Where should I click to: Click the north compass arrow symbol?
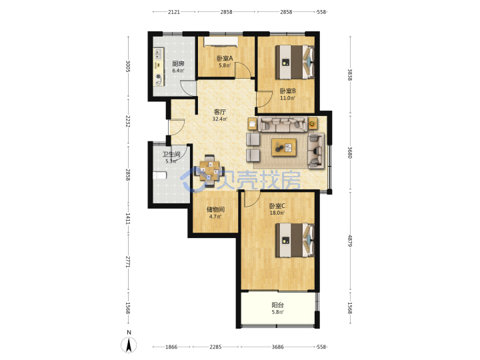[129, 345]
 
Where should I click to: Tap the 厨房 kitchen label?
[178, 64]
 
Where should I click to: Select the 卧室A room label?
[225, 58]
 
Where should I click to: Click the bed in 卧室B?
[295, 62]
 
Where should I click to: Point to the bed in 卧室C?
[295, 240]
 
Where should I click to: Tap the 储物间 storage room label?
[215, 209]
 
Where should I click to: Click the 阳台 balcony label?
[277, 305]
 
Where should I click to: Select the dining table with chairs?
[209, 171]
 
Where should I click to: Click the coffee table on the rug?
[284, 147]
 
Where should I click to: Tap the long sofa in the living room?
[283, 124]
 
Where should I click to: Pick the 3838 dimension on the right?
[350, 75]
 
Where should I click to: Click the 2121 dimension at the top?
[173, 12]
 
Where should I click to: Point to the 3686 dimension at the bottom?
[277, 347]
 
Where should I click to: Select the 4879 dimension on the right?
[350, 241]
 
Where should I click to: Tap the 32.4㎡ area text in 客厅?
[220, 119]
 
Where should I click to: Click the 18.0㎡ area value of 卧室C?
[277, 213]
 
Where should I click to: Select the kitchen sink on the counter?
[158, 54]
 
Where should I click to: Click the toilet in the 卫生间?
[159, 175]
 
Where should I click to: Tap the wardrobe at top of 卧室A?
[221, 41]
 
